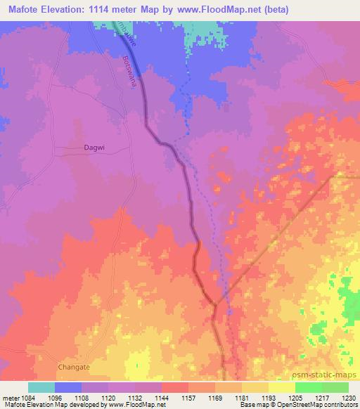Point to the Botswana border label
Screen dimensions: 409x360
coord(128,72)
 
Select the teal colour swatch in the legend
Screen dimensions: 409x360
coord(41,387)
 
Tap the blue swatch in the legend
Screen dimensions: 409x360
coord(68,387)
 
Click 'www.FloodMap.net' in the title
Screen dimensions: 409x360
coord(219,11)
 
